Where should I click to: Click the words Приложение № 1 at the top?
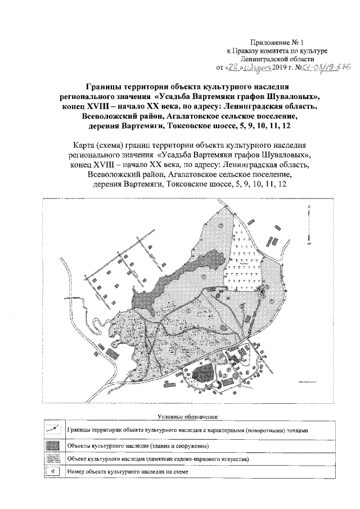coord(279,42)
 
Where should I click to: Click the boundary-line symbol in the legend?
coord(52,429)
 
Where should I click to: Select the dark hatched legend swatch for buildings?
coord(52,445)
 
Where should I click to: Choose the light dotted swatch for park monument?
coord(52,459)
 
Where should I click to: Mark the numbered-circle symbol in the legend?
coord(52,471)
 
